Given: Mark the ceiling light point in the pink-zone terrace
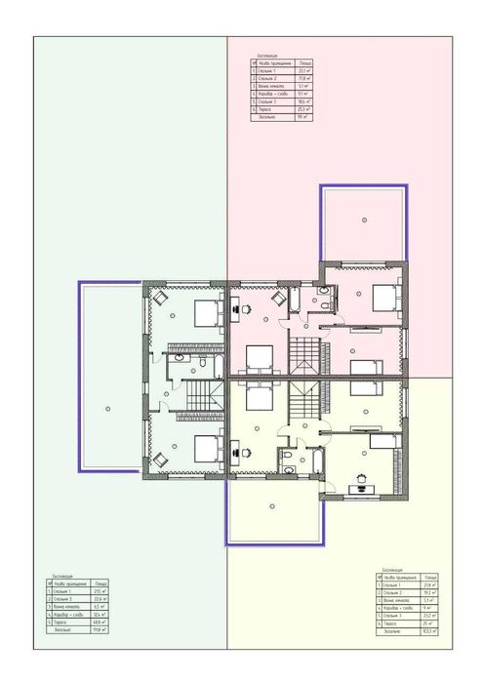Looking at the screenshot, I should [x=363, y=218].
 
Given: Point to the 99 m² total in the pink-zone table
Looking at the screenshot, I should [x=305, y=116].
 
